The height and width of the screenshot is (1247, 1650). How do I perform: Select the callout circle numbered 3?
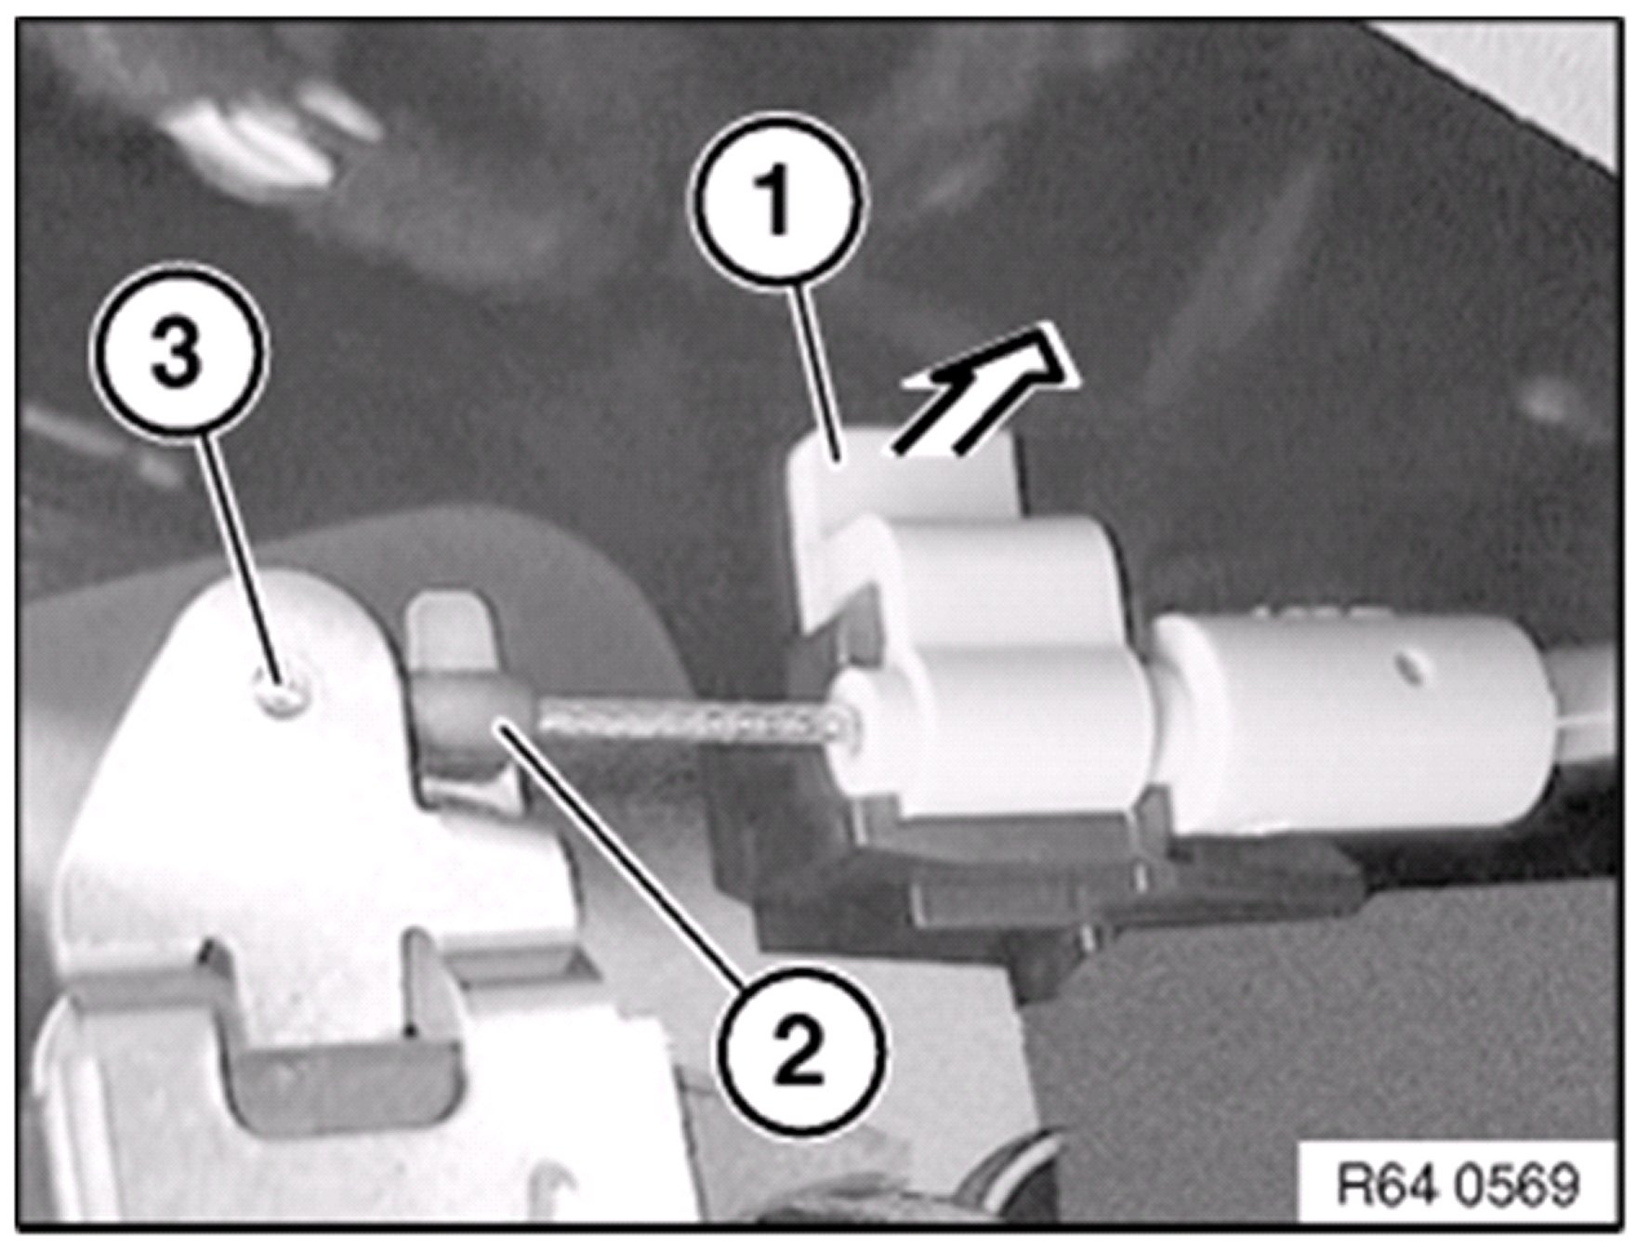pyautogui.click(x=178, y=357)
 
